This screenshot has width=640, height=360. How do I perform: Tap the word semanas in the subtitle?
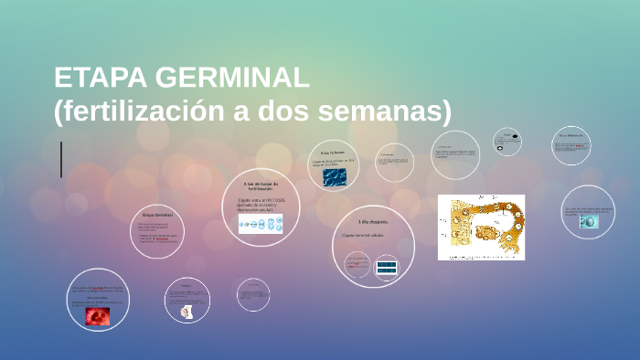[x=394, y=111]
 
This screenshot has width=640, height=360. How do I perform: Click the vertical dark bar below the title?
[x=61, y=159]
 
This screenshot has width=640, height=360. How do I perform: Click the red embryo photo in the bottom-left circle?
[x=97, y=316]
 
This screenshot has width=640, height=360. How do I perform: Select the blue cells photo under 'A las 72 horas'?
[x=334, y=177]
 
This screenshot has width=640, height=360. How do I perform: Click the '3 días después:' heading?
[x=372, y=221]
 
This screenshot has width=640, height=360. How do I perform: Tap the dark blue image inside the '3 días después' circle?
[x=387, y=268]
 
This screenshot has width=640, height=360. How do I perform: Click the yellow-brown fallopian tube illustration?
[x=481, y=228]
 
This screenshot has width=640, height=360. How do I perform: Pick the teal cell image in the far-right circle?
[x=588, y=221]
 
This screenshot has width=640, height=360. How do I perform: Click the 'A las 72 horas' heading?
[x=332, y=153]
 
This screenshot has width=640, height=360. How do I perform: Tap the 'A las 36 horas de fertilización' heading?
[x=259, y=185]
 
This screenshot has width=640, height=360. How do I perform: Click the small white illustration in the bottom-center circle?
[x=187, y=312]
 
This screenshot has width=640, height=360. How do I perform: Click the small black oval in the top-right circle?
[x=515, y=138]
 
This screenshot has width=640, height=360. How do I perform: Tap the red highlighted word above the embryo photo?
[x=97, y=289]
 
